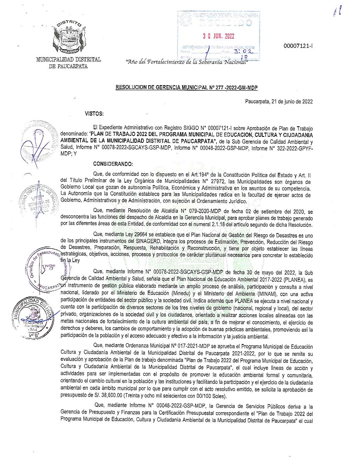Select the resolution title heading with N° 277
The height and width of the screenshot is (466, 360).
(187, 87)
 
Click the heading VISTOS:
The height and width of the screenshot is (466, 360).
(94, 114)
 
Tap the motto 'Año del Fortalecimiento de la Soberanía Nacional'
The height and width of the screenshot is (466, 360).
(187, 62)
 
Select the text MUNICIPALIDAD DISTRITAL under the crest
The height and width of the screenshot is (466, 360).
(69, 60)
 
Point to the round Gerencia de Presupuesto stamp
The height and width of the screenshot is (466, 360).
(47, 267)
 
